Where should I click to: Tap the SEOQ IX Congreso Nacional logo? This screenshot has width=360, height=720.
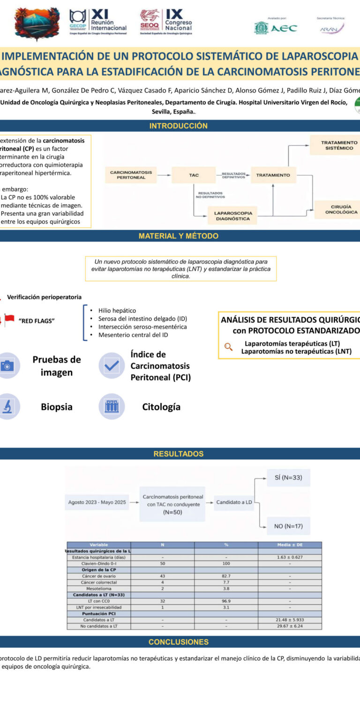point(166,22)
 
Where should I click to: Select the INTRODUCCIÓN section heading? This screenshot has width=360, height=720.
point(178,126)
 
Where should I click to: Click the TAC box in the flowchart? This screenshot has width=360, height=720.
point(194,175)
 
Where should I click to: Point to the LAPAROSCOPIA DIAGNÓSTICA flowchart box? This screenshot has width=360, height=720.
point(233,216)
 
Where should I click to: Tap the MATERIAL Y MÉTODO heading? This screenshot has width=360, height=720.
point(178,236)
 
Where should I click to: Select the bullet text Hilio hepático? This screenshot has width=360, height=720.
point(117,310)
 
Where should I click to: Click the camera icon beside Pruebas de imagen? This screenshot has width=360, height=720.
point(7,366)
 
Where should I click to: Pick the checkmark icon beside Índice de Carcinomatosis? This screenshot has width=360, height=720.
point(112,366)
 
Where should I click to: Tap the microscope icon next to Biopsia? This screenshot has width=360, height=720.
point(7,406)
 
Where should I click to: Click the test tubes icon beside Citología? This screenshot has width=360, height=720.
point(112,406)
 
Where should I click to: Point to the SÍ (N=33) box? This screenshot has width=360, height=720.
point(288,478)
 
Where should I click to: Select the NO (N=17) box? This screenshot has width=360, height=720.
point(288,526)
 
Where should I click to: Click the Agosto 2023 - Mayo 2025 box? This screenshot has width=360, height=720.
point(97,502)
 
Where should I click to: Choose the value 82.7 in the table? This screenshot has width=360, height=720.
point(226,576)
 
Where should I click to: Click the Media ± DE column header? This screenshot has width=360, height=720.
point(290,545)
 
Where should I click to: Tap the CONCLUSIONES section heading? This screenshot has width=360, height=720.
point(178,642)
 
